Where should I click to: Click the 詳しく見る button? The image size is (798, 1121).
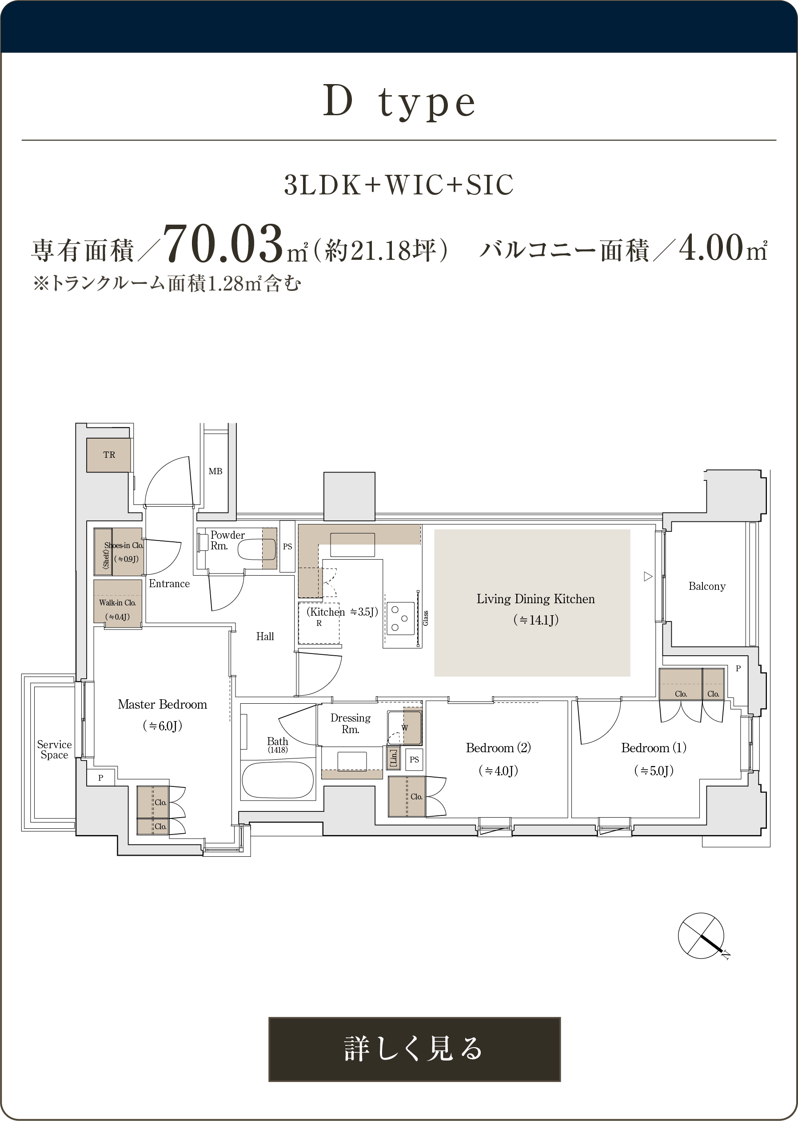tap(414, 1049)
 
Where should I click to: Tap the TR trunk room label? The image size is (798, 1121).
tap(109, 455)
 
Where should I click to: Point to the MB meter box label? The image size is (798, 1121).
tap(215, 471)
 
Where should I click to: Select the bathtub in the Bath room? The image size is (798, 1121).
tap(278, 780)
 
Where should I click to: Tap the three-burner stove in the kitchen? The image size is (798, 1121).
tap(400, 618)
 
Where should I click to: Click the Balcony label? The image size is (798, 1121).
tap(706, 586)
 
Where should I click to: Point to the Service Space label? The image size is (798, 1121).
tap(54, 750)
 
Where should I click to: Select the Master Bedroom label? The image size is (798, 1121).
tap(162, 704)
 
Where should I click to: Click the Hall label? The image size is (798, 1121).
tap(265, 637)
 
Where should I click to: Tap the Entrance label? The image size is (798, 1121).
tap(169, 584)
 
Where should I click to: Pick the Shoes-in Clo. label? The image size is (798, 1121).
tap(124, 545)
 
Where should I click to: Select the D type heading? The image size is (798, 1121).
tap(399, 101)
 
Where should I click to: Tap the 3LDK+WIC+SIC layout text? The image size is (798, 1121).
tap(399, 185)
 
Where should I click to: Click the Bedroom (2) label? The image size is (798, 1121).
tap(498, 748)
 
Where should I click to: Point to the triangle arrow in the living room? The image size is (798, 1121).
tap(648, 577)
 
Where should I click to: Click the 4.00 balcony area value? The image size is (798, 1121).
tap(711, 247)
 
